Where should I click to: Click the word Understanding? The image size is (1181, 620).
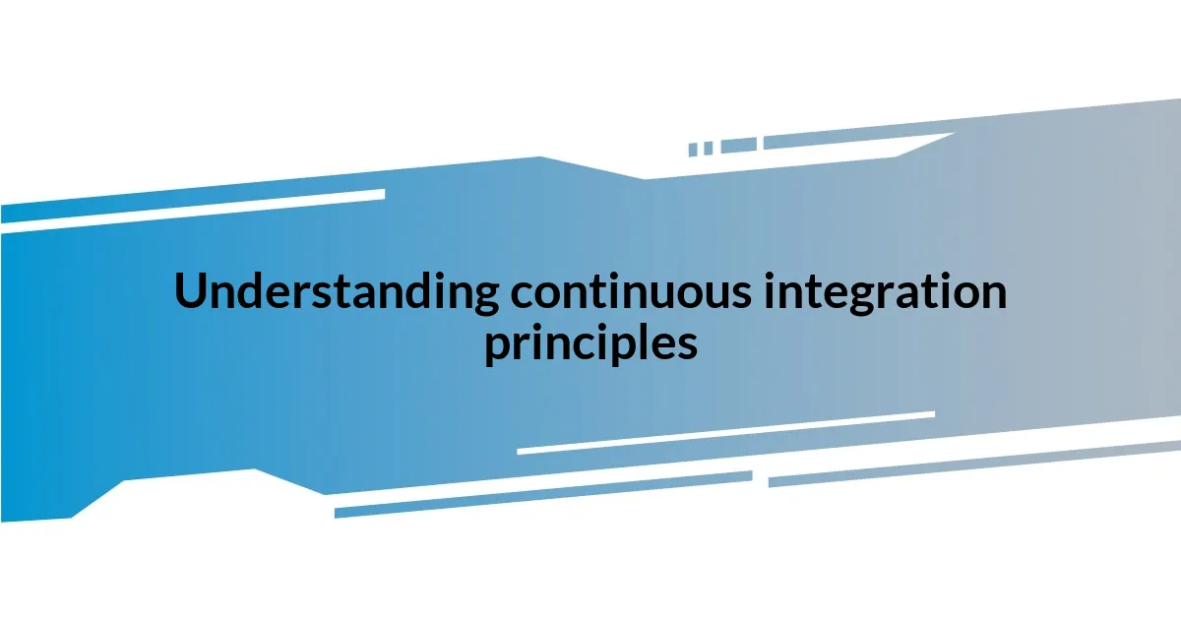tap(336, 292)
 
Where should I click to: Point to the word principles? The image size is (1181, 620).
tap(590, 344)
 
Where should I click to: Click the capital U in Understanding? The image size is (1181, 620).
tap(191, 292)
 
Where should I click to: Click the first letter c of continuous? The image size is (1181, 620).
tap(523, 295)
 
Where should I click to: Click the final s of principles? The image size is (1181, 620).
tap(687, 346)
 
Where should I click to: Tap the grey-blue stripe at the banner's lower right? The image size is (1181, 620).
tap(974, 463)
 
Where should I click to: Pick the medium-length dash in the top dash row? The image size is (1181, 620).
tap(738, 145)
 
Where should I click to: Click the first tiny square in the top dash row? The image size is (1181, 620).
tap(693, 150)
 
